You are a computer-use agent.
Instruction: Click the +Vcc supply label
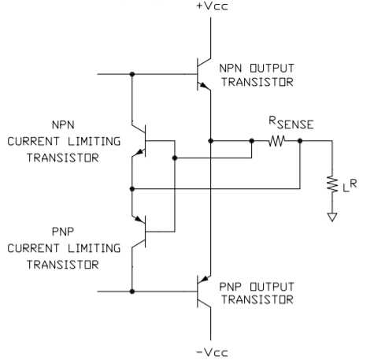pos(212,6)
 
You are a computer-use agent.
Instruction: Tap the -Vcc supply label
pos(212,352)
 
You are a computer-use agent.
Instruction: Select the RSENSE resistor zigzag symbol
pos(276,141)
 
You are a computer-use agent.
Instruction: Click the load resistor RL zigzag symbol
pos(332,184)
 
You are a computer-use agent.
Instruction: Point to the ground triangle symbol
pos(332,217)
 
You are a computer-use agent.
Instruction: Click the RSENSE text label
pos(291,123)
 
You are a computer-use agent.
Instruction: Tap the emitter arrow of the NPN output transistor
pos(203,85)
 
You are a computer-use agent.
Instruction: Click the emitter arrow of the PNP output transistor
pos(205,279)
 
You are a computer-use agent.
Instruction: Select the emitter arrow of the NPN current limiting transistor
pos(140,152)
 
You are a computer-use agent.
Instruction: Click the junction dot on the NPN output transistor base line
pos(132,74)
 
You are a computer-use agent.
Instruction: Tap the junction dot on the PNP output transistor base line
pos(132,291)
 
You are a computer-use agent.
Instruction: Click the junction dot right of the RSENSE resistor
pos(300,141)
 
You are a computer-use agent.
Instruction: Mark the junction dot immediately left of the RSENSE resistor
pos(251,141)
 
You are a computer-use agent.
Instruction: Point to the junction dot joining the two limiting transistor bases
pos(175,158)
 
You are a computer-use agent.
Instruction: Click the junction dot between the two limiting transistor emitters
pos(132,188)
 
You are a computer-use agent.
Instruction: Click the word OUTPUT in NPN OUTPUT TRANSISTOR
pos(272,69)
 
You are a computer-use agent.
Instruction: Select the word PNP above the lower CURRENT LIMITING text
pos(63,232)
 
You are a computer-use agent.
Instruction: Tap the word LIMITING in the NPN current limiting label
pos(94,141)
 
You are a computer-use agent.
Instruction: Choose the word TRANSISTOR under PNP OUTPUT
pos(257,299)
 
